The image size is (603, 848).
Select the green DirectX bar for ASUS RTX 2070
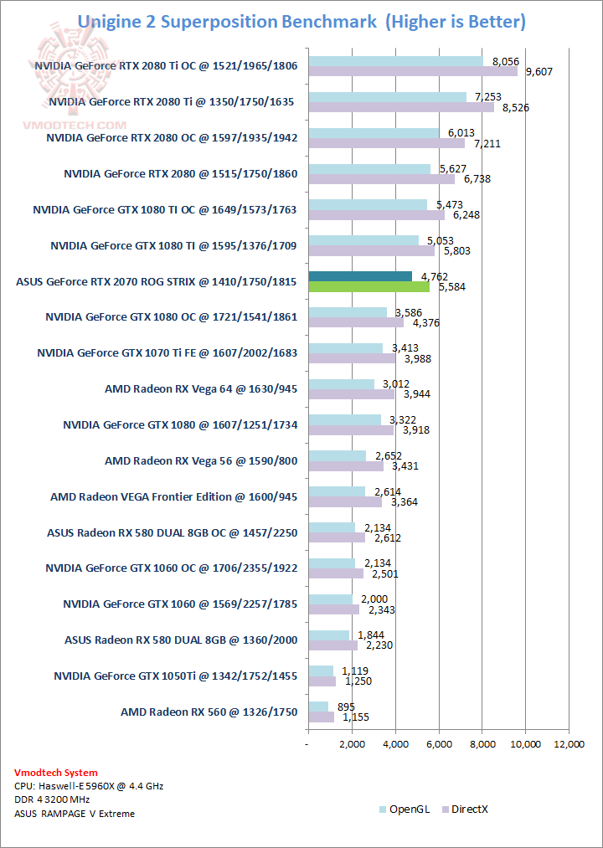point(369,286)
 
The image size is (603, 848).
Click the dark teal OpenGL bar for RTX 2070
point(361,276)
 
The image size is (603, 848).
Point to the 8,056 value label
point(507,61)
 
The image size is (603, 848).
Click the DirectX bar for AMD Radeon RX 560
point(322,717)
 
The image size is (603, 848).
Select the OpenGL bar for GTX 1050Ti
point(321,671)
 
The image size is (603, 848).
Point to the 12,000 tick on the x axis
point(569,744)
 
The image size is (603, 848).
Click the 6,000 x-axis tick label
point(439,744)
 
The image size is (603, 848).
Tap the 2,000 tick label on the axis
point(352,744)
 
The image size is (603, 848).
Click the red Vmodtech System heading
point(56,773)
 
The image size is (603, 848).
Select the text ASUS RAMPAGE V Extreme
point(75,813)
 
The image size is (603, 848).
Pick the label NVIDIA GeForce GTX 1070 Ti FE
point(167,352)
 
